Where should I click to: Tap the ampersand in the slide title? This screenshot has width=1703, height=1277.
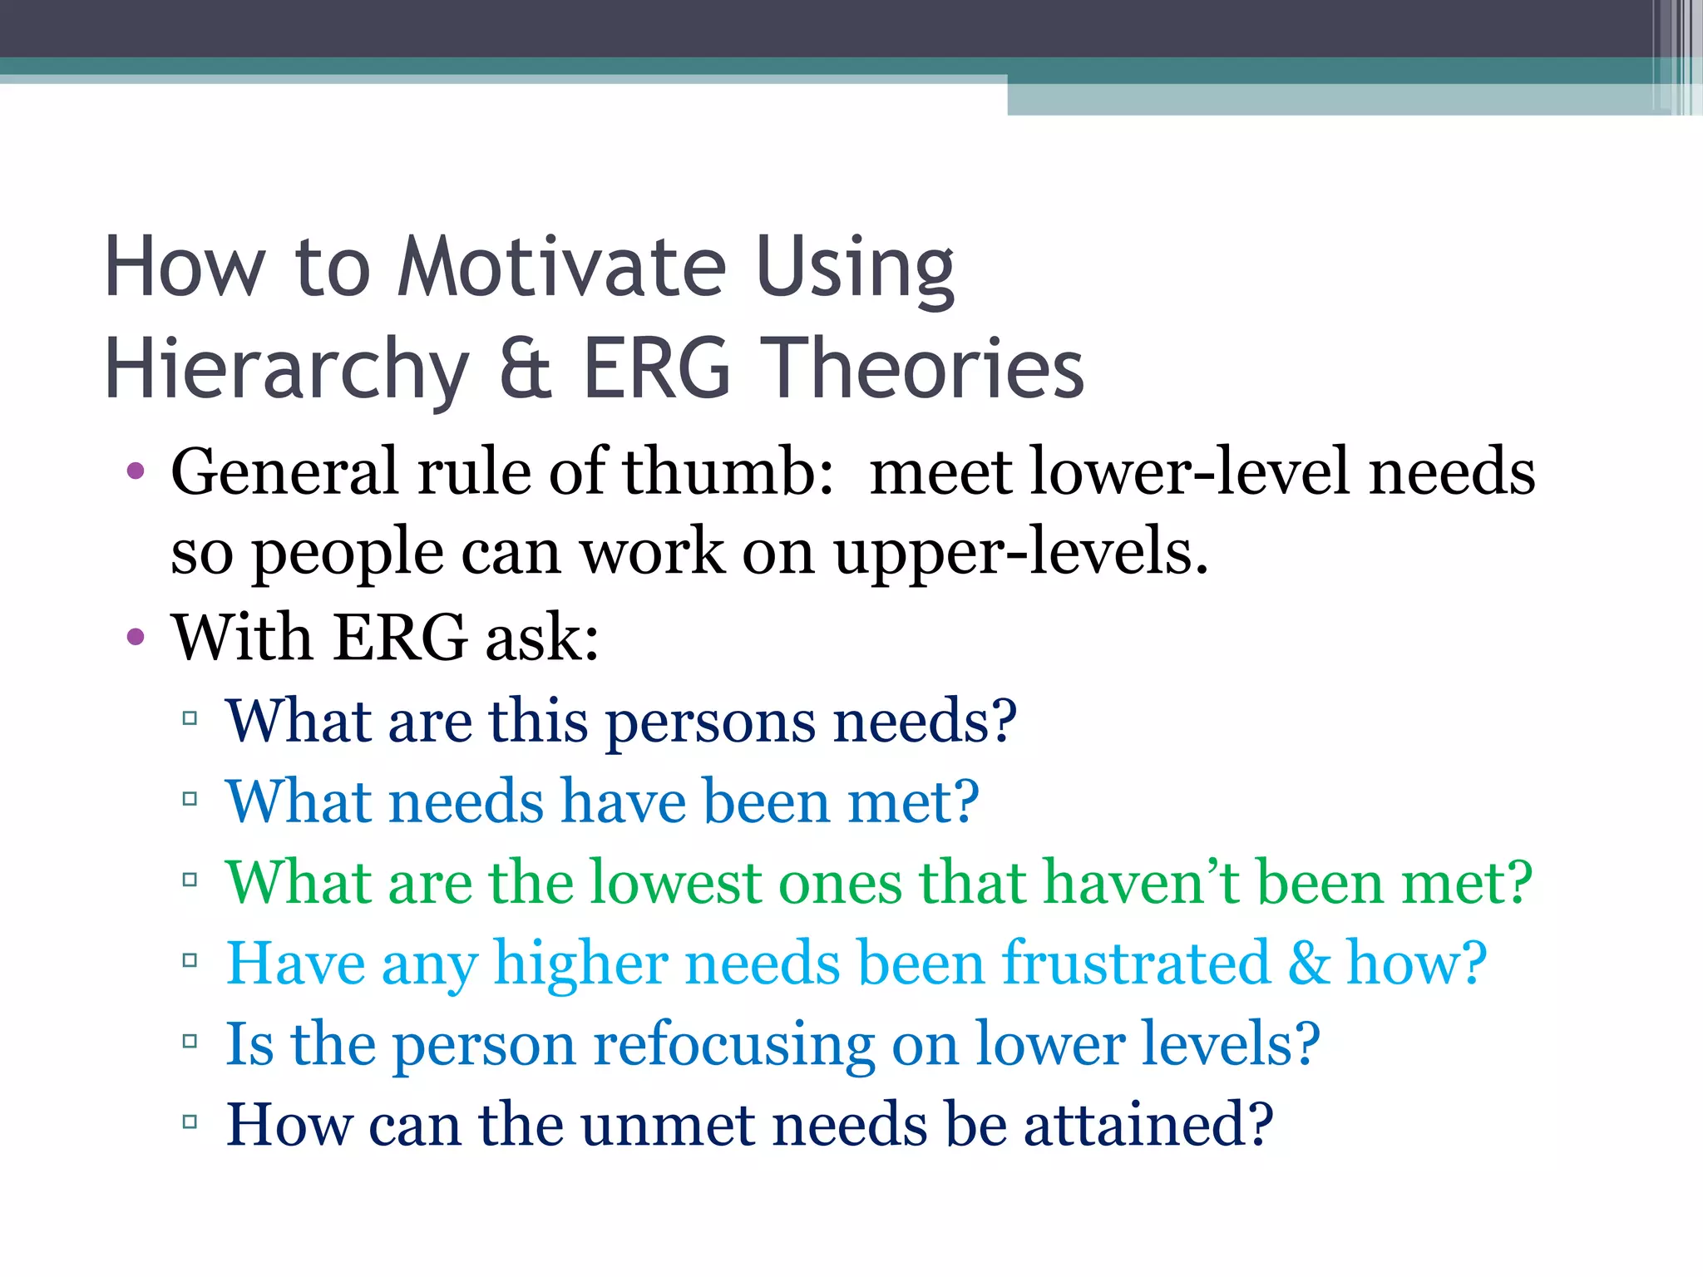coord(526,368)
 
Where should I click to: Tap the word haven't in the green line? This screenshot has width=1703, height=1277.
coord(1141,882)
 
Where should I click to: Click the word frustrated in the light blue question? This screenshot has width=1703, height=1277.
coord(1135,963)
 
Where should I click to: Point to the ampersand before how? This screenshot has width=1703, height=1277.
coord(1309,963)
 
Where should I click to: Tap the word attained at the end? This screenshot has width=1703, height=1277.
coord(1148,1125)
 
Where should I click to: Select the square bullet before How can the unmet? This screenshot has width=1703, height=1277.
coord(190,1122)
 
